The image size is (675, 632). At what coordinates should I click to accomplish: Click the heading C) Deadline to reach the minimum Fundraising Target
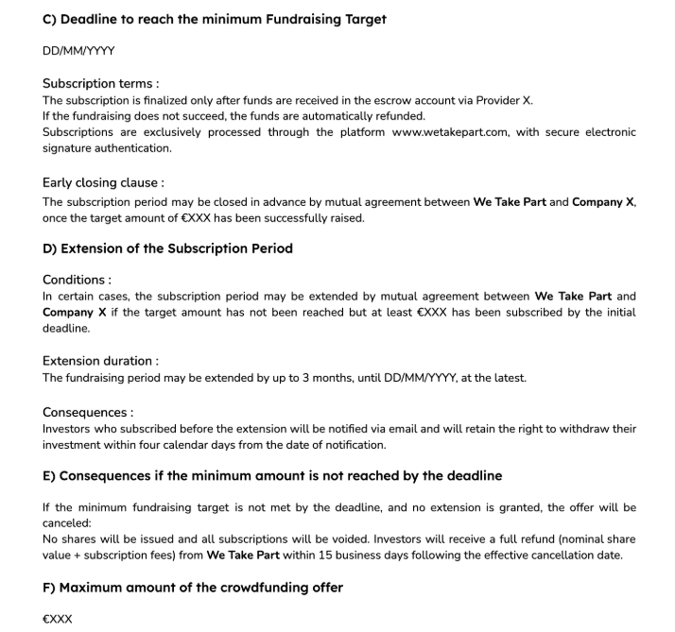click(x=215, y=19)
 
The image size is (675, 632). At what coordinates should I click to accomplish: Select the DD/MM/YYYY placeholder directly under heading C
click(x=78, y=51)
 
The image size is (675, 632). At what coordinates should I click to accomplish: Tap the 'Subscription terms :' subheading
click(x=100, y=84)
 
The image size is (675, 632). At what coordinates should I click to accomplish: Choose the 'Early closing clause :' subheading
click(x=103, y=183)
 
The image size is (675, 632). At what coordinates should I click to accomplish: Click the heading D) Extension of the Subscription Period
click(x=167, y=248)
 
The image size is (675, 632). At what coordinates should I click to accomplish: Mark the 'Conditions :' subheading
click(x=77, y=280)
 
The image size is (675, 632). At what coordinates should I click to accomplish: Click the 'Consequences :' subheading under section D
click(x=88, y=413)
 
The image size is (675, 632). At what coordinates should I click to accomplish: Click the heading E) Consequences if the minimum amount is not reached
click(x=272, y=475)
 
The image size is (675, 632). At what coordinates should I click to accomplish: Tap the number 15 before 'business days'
click(x=367, y=555)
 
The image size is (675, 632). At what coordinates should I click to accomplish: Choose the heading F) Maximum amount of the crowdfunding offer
click(x=192, y=588)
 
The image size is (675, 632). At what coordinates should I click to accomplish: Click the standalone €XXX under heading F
click(x=57, y=620)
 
